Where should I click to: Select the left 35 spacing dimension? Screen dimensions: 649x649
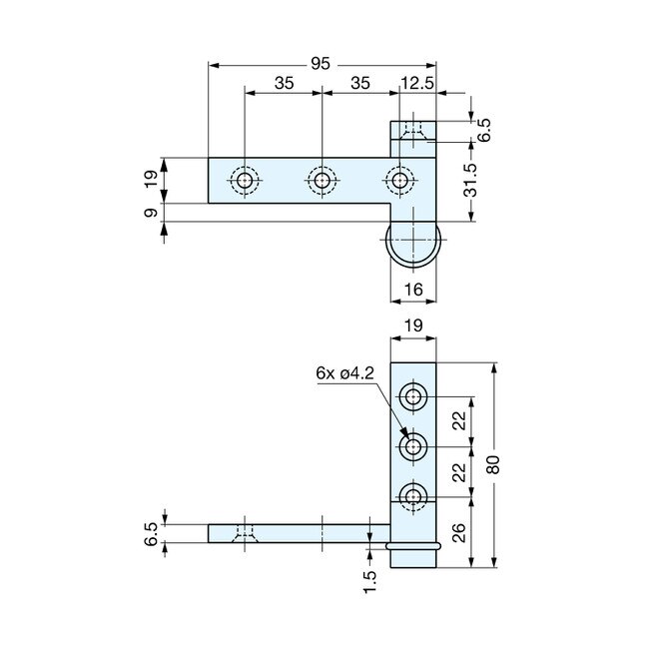click(x=283, y=84)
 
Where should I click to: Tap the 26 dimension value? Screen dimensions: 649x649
click(x=457, y=532)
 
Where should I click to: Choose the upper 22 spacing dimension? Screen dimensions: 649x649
click(x=457, y=420)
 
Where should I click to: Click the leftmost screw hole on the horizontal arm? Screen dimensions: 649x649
click(x=244, y=181)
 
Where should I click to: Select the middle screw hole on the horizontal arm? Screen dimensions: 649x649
click(x=321, y=181)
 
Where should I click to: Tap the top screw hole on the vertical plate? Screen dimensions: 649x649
click(x=413, y=397)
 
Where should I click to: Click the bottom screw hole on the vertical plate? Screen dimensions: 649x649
click(x=413, y=495)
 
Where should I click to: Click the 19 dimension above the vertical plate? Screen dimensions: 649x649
click(x=413, y=324)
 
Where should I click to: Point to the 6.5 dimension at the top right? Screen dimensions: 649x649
click(x=484, y=131)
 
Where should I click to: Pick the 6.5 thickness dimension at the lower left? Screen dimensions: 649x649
click(x=150, y=534)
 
